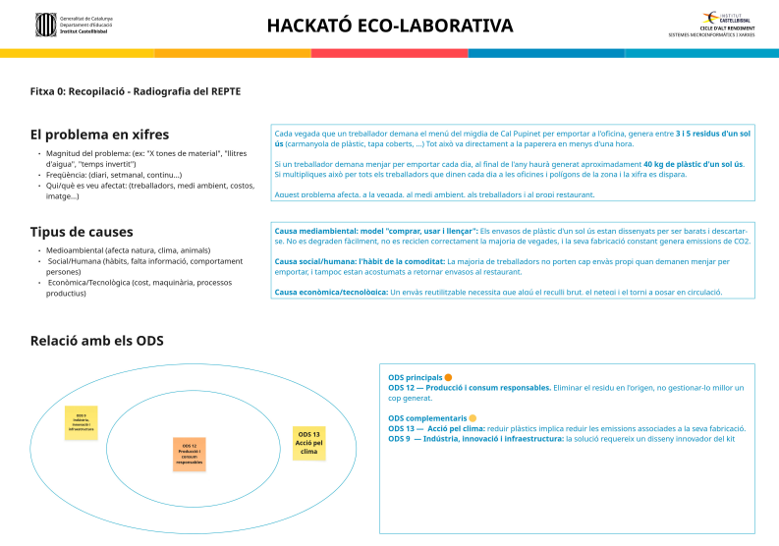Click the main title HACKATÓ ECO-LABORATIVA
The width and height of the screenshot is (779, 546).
coord(389,26)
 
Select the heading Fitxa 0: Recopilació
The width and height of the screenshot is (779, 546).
coord(135,91)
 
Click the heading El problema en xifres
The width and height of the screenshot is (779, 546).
coord(99,135)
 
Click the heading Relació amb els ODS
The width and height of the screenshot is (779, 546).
coord(96,341)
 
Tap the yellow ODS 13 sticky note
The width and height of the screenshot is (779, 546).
coord(309,443)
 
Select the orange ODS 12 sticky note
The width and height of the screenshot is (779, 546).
coord(189,454)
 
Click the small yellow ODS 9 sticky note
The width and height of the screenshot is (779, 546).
coord(81,422)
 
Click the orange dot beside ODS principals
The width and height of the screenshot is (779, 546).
coord(448,377)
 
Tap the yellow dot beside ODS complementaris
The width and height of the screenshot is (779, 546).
coord(473,417)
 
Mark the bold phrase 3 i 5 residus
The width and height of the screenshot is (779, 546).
coord(705,132)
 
